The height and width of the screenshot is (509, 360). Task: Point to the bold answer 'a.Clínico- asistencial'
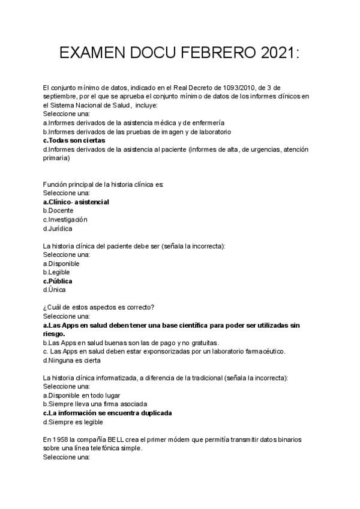pyautogui.click(x=76, y=202)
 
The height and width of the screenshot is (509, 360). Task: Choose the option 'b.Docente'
pyautogui.click(x=59, y=211)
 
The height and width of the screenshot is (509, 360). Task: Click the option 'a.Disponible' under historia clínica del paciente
pyautogui.click(x=62, y=264)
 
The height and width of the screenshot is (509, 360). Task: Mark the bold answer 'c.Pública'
pyautogui.click(x=58, y=281)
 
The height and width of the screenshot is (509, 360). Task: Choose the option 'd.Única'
pyautogui.click(x=56, y=289)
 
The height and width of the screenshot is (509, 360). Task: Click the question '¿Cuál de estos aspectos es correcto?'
pyautogui.click(x=99, y=307)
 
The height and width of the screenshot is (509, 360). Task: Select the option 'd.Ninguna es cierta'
pyautogui.click(x=72, y=360)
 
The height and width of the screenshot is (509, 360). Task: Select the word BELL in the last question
pyautogui.click(x=119, y=439)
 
